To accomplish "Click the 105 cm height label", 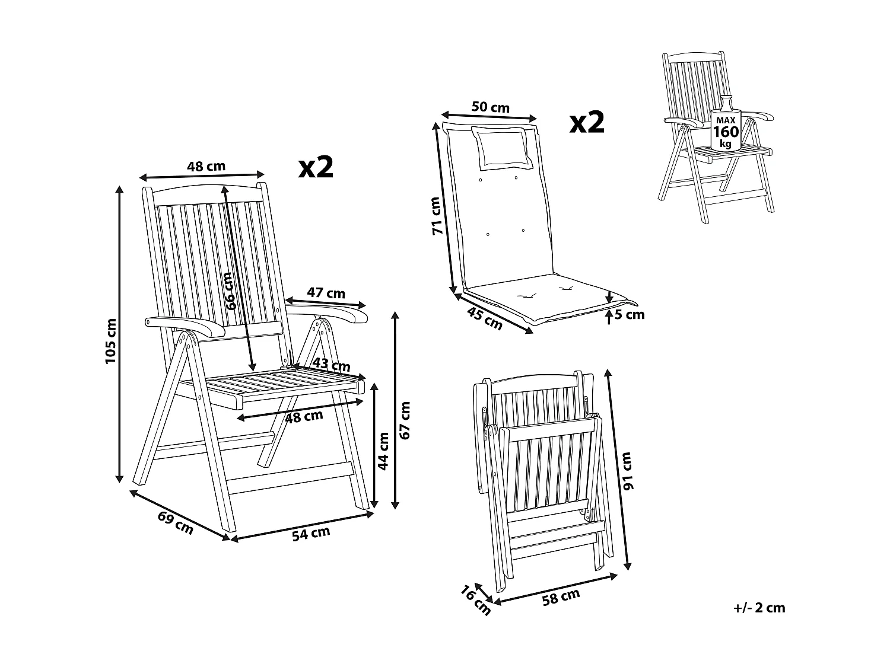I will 111,341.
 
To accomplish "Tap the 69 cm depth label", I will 176,522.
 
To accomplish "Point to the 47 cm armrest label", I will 326,292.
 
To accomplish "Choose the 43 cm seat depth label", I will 331,364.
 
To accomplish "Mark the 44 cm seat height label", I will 384,451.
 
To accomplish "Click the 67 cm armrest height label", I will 405,420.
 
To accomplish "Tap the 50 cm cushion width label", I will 490,107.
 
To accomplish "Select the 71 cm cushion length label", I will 437,216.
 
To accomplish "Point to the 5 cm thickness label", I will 630,315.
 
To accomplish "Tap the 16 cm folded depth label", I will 475,601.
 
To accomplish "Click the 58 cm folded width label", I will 561,597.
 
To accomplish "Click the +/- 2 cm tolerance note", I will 759,608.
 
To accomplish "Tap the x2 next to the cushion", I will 587,122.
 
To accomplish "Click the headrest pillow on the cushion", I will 502,148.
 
